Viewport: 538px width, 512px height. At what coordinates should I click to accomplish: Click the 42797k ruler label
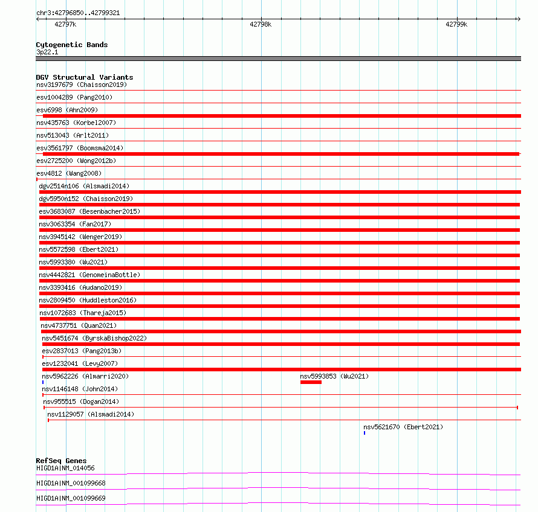pyautogui.click(x=65, y=25)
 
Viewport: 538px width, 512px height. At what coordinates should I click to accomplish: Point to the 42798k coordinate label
pyautogui.click(x=261, y=25)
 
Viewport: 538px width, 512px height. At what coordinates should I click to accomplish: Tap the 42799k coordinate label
pyautogui.click(x=456, y=25)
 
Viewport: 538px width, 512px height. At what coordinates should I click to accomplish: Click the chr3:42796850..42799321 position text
pyautogui.click(x=77, y=13)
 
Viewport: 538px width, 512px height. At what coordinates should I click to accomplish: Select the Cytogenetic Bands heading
pyautogui.click(x=71, y=45)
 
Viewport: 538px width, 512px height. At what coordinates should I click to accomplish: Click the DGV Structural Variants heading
pyautogui.click(x=84, y=77)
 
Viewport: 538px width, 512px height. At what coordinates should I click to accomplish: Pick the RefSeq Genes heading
pyautogui.click(x=61, y=461)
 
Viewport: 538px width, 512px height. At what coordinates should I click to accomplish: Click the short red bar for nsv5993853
pyautogui.click(x=311, y=382)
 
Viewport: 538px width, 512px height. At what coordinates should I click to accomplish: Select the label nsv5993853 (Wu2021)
pyautogui.click(x=334, y=376)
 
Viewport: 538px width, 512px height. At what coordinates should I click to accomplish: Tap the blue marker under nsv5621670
pyautogui.click(x=365, y=433)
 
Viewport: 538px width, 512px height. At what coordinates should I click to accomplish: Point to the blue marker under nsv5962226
pyautogui.click(x=43, y=382)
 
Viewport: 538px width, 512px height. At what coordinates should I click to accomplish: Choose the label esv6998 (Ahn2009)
pyautogui.click(x=66, y=110)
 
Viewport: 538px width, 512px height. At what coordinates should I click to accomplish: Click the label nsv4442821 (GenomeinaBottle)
pyautogui.click(x=89, y=275)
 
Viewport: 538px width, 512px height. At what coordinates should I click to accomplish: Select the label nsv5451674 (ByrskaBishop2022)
pyautogui.click(x=94, y=338)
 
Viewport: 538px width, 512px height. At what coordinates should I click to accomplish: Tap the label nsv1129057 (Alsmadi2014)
pyautogui.click(x=91, y=414)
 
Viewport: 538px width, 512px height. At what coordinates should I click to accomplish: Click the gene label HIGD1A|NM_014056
pyautogui.click(x=65, y=468)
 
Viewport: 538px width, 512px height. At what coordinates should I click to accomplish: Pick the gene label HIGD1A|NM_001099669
pyautogui.click(x=71, y=498)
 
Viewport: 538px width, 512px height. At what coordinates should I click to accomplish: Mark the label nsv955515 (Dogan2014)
pyautogui.click(x=81, y=402)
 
